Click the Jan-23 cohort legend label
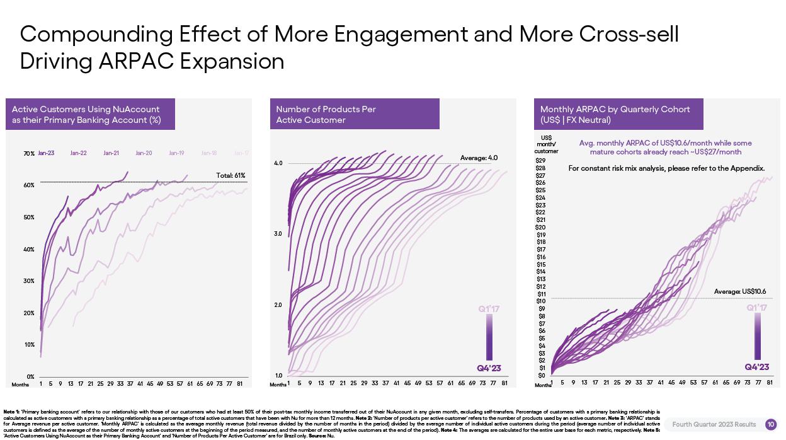[46, 153]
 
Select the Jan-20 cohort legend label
[144, 153]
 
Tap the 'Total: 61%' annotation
[231, 175]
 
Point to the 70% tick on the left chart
[29, 154]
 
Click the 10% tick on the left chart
[29, 345]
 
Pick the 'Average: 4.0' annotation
[479, 158]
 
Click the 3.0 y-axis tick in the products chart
[278, 234]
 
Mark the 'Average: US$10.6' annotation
[739, 291]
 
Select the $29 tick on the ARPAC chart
[540, 161]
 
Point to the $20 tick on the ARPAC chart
[540, 228]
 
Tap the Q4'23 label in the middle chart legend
[489, 368]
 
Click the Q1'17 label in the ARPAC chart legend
[757, 308]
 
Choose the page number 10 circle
[771, 424]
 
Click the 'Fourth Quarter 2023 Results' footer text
[714, 424]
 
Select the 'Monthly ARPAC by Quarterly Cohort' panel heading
[615, 109]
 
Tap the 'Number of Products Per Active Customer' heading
[326, 114]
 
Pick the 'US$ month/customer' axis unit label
[546, 144]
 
